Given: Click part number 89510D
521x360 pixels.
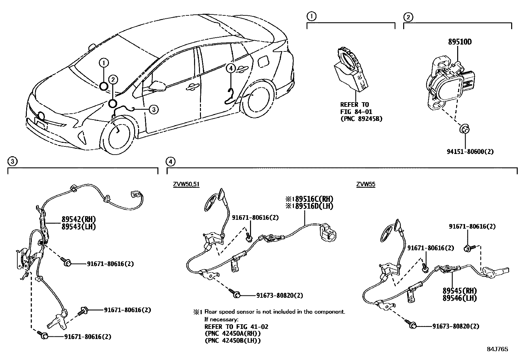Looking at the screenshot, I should [x=459, y=42].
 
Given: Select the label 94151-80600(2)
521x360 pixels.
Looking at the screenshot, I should [x=470, y=151].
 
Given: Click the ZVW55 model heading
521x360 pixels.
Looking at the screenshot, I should [x=366, y=184].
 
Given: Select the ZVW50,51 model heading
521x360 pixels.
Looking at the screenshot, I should [x=186, y=184].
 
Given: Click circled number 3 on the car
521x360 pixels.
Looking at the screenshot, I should [x=153, y=109].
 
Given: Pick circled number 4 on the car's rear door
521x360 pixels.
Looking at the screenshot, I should [x=231, y=68].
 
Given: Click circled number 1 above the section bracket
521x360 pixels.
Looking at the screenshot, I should [x=311, y=16].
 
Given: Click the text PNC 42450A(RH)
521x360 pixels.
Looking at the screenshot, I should [x=232, y=333].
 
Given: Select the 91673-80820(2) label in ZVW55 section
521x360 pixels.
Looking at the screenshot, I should [x=456, y=326].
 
